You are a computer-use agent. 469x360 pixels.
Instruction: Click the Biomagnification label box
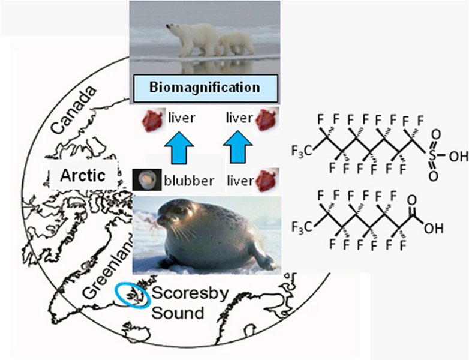pos(205,87)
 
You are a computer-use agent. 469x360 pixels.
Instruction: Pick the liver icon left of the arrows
pos(152,119)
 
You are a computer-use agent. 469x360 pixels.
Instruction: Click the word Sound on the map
pos(177,313)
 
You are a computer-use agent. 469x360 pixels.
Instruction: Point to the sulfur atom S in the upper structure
pos(432,155)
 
